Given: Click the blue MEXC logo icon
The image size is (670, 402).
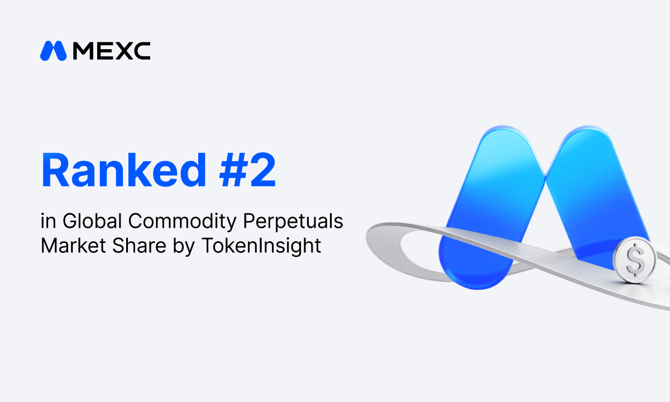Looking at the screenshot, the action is [x=53, y=51].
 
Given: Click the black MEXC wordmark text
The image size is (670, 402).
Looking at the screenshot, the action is [x=112, y=51].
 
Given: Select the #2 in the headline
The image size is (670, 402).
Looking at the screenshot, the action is [x=247, y=170].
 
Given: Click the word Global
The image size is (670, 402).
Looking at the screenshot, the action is [x=92, y=221].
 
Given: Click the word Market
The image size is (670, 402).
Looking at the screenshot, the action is [x=73, y=246].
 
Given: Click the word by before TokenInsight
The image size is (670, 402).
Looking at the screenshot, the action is [x=184, y=247].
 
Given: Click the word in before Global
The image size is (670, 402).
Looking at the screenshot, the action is [x=48, y=221].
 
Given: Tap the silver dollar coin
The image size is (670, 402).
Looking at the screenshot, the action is [x=634, y=260].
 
